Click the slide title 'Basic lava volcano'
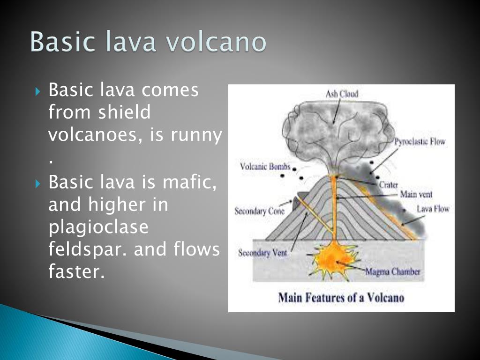click(x=148, y=42)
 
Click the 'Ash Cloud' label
click(x=342, y=94)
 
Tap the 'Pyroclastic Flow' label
click(x=420, y=142)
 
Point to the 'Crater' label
click(x=388, y=185)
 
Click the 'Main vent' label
click(x=416, y=194)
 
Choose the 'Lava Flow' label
click(x=433, y=209)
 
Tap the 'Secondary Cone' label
click(x=259, y=211)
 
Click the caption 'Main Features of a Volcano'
click(x=341, y=298)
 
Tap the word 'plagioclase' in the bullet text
click(x=98, y=227)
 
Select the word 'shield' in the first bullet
click(x=125, y=112)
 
